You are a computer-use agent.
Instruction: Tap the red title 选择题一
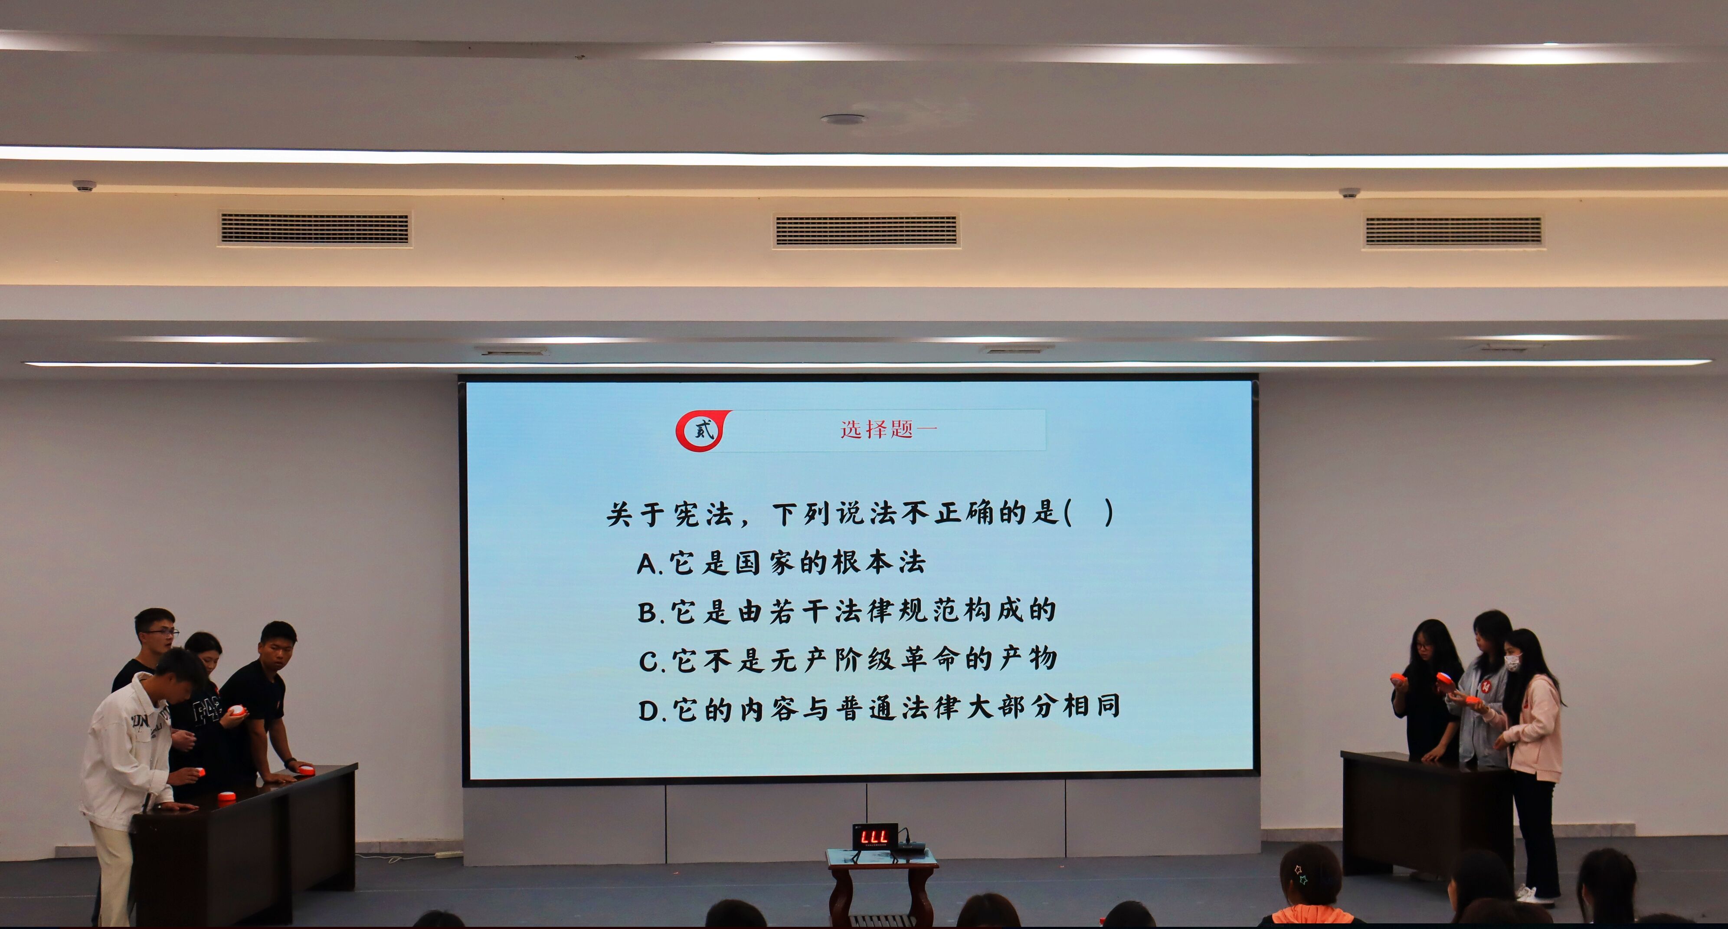point(888,429)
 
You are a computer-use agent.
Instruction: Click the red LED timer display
point(875,837)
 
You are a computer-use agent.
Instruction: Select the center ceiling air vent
point(866,230)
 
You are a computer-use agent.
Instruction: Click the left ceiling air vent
point(314,228)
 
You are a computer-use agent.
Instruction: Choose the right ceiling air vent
point(1453,232)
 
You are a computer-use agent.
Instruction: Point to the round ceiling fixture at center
point(843,119)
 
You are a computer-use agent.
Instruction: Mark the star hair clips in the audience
point(1301,873)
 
